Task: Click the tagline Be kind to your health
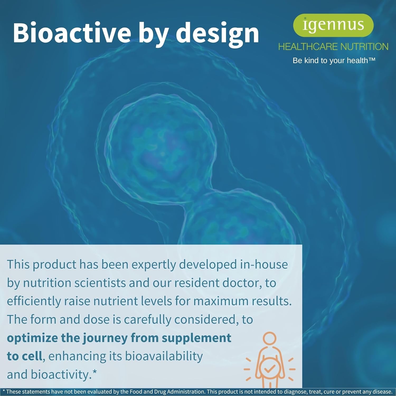[334, 60]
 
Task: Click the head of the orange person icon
[270, 339]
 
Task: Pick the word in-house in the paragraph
[264, 264]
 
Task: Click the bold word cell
[31, 356]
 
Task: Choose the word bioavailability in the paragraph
[164, 357]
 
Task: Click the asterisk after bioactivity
[95, 372]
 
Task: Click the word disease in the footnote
[381, 392]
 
